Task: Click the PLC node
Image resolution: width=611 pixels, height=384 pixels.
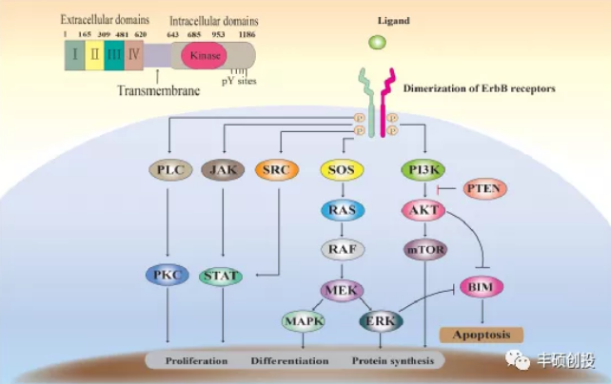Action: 170,170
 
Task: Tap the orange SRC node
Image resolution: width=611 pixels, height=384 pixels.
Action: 277,170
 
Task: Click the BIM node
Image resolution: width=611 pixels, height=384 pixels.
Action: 481,285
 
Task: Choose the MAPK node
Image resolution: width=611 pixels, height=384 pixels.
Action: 304,321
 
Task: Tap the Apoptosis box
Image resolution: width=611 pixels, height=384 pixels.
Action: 481,334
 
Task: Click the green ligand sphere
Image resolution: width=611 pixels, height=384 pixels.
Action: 379,43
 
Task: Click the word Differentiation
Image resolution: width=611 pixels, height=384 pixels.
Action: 290,361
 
